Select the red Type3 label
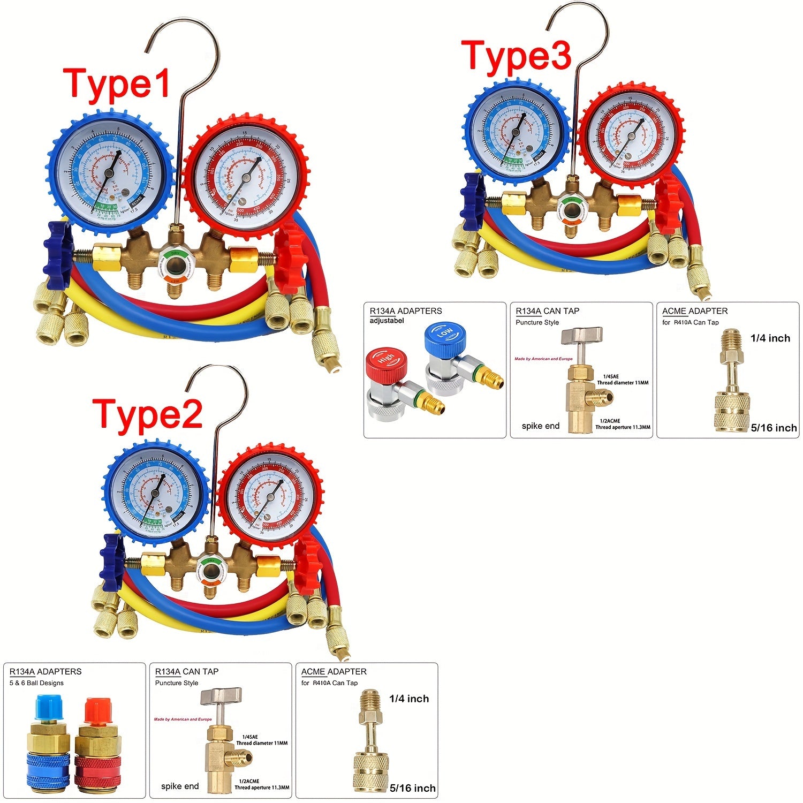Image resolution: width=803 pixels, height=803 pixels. tap(516, 56)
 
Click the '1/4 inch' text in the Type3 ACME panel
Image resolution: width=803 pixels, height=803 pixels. tap(770, 338)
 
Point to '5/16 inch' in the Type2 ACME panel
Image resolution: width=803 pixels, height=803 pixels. tap(413, 788)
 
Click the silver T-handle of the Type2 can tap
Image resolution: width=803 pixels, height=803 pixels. tap(221, 698)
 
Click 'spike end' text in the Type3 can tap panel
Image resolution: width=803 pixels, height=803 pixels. tap(540, 426)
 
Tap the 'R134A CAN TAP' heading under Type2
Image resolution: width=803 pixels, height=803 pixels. tap(187, 671)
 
